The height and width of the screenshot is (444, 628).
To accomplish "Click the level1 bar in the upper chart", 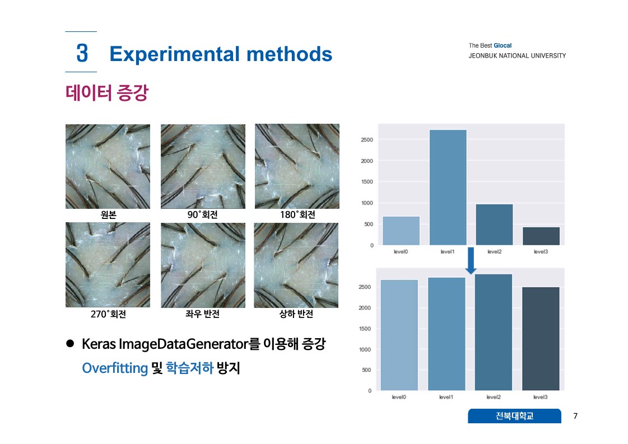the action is coord(448,188).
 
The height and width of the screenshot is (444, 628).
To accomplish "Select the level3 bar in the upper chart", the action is coord(541,236).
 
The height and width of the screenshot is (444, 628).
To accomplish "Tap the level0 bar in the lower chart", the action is coord(399,335).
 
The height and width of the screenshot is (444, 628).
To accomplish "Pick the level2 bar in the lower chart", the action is coord(494,332).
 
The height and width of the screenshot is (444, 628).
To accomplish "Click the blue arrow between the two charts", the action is coord(471,261).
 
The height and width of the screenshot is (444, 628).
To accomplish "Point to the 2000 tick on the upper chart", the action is coord(367,161).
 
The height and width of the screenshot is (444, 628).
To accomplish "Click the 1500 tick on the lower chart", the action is coord(365,329).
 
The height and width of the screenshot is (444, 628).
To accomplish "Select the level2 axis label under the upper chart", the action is coord(494,252).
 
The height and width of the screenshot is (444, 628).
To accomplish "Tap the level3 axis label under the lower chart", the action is coord(540,397).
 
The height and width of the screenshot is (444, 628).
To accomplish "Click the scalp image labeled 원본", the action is coord(108,166).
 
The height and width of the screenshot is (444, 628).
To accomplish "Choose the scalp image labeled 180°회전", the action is coord(297,166).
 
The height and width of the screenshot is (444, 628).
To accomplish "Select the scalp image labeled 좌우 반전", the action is coord(203,265).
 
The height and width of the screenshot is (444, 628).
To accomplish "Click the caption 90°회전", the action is coord(203,215).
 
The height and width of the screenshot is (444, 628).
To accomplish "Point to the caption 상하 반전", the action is coord(296,314).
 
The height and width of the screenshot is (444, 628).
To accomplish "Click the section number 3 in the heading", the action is coord(82,53).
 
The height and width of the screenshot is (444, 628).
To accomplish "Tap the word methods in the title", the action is coord(289,54).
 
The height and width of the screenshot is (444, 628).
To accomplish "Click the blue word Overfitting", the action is coord(115,368).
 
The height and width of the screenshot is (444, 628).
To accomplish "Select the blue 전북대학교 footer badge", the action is coord(514,416).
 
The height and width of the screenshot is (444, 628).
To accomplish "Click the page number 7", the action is coord(575,416).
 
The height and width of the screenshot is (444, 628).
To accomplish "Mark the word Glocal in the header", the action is coord(503,46).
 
